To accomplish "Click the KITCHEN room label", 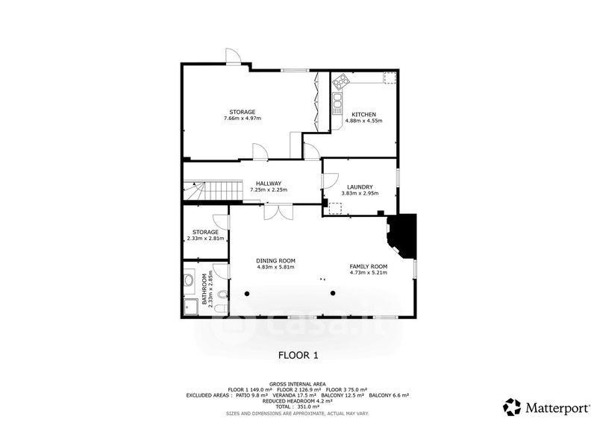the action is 363,115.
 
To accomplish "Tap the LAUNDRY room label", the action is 360,187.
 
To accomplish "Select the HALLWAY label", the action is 269,183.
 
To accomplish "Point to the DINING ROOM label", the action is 275,261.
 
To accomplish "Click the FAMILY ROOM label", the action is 369,266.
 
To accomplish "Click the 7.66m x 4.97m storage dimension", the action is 243,119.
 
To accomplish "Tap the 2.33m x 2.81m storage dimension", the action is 206,239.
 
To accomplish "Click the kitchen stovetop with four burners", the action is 341,82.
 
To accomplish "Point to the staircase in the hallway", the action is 213,190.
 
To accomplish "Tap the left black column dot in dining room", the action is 247,293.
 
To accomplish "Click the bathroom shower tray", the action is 191,306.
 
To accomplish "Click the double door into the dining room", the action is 278,212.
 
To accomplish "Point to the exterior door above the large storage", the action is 234,57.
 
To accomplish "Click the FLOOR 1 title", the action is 298,356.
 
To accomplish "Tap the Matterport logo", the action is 546,408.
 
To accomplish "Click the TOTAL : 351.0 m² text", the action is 297,406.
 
